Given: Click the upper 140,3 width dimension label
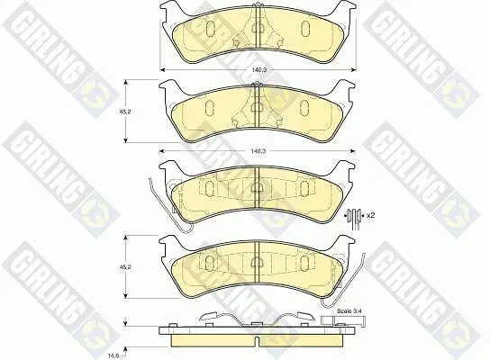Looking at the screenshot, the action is [259, 70].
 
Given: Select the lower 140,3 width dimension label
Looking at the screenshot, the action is [259, 151].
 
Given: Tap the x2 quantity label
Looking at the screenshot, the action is [370, 215].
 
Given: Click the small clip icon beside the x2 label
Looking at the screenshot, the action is [354, 218].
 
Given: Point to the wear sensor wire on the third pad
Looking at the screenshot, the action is [170, 212].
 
